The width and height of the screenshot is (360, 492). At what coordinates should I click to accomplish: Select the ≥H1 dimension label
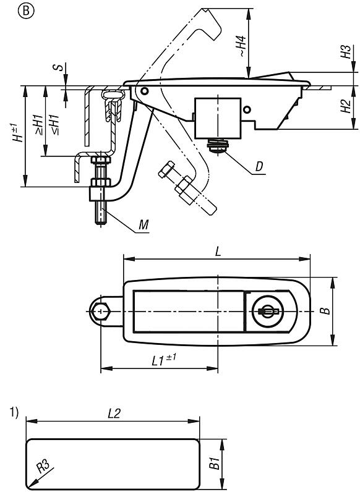[x=37, y=124]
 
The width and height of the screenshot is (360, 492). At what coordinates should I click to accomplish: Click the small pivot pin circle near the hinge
[x=144, y=91]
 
